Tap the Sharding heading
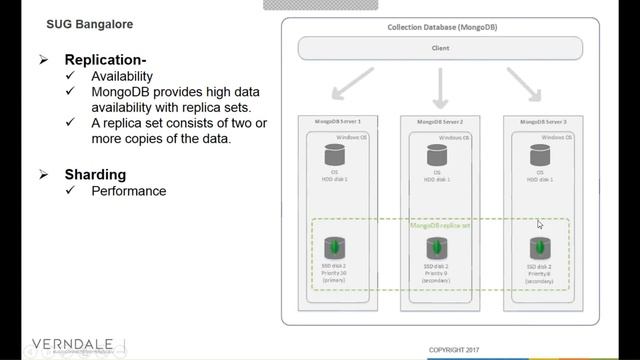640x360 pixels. click(x=96, y=175)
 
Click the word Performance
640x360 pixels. click(x=128, y=191)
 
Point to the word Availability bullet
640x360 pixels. click(x=122, y=76)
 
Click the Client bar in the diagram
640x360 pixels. click(x=440, y=47)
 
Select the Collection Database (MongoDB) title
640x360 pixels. click(x=439, y=27)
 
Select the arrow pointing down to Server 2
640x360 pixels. click(x=439, y=88)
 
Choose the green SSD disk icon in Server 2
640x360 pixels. click(x=437, y=247)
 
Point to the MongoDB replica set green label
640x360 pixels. click(x=440, y=226)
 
